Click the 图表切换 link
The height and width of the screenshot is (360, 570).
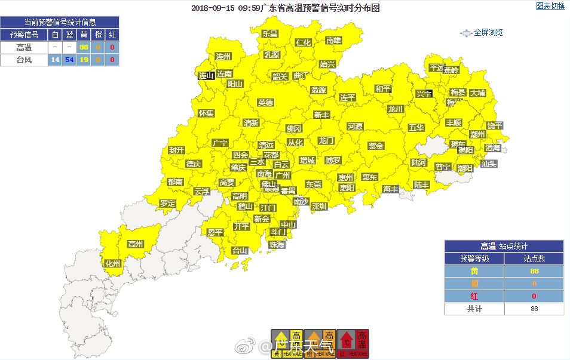(x=550, y=6)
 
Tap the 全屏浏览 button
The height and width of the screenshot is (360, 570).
(x=488, y=33)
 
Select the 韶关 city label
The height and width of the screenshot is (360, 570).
(x=280, y=76)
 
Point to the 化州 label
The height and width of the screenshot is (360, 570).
(x=113, y=263)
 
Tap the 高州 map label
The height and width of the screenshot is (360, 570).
(x=136, y=244)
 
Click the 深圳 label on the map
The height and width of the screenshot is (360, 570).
(x=318, y=207)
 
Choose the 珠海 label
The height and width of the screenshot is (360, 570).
(x=277, y=245)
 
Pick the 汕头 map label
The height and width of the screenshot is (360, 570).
(x=489, y=164)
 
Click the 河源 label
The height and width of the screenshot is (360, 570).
(x=355, y=127)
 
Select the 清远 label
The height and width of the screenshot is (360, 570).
(x=266, y=145)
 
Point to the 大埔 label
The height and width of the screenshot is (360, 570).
(x=477, y=93)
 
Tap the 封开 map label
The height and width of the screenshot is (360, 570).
(x=176, y=150)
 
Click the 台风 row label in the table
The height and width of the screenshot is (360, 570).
(x=24, y=60)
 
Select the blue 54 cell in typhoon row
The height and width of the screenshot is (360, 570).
(x=69, y=60)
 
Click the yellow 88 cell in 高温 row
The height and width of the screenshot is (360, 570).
(x=84, y=47)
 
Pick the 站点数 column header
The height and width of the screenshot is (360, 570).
(x=534, y=259)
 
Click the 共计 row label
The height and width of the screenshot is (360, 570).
(x=474, y=309)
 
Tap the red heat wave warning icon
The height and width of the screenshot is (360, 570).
(x=353, y=344)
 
